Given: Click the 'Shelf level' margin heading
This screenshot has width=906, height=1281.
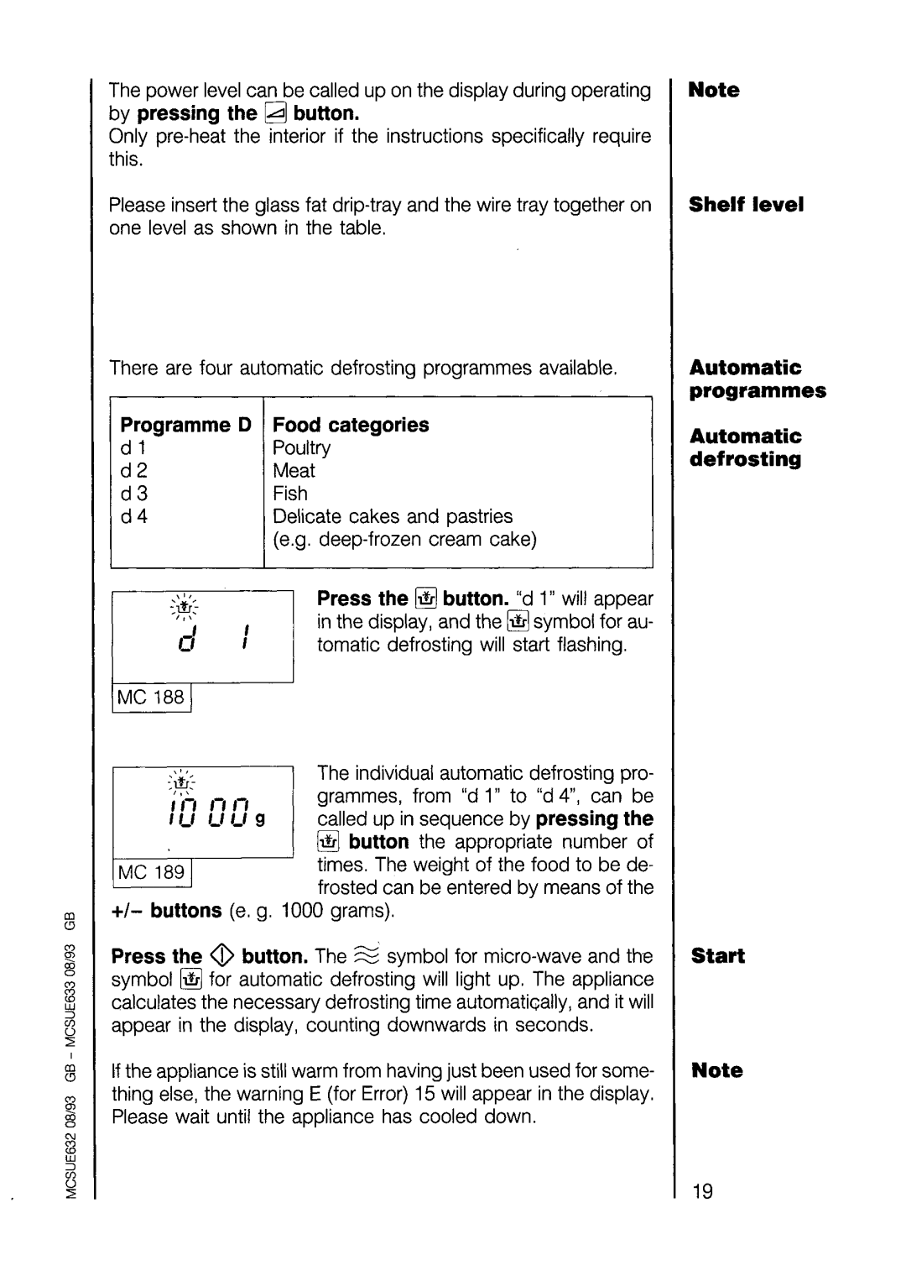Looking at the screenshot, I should point(746,205).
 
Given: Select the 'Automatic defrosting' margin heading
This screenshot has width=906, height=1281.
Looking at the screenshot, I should point(746,447).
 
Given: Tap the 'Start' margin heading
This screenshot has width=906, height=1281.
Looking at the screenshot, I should point(718,956).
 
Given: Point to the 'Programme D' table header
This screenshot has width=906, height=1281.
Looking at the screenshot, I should point(185,425).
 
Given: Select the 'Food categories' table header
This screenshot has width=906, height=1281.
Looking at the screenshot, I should point(351,425).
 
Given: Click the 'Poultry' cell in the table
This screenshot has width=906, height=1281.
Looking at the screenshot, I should point(302,447).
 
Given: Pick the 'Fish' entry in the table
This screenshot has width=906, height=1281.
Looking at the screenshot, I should point(290,494).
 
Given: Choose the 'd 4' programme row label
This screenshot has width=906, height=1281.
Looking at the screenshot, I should point(134,516).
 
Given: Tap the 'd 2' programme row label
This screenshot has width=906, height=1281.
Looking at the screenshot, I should point(134,471).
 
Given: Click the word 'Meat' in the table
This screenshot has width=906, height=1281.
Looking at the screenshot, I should point(294,471).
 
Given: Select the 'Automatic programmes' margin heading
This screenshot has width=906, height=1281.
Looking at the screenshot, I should point(758,379).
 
